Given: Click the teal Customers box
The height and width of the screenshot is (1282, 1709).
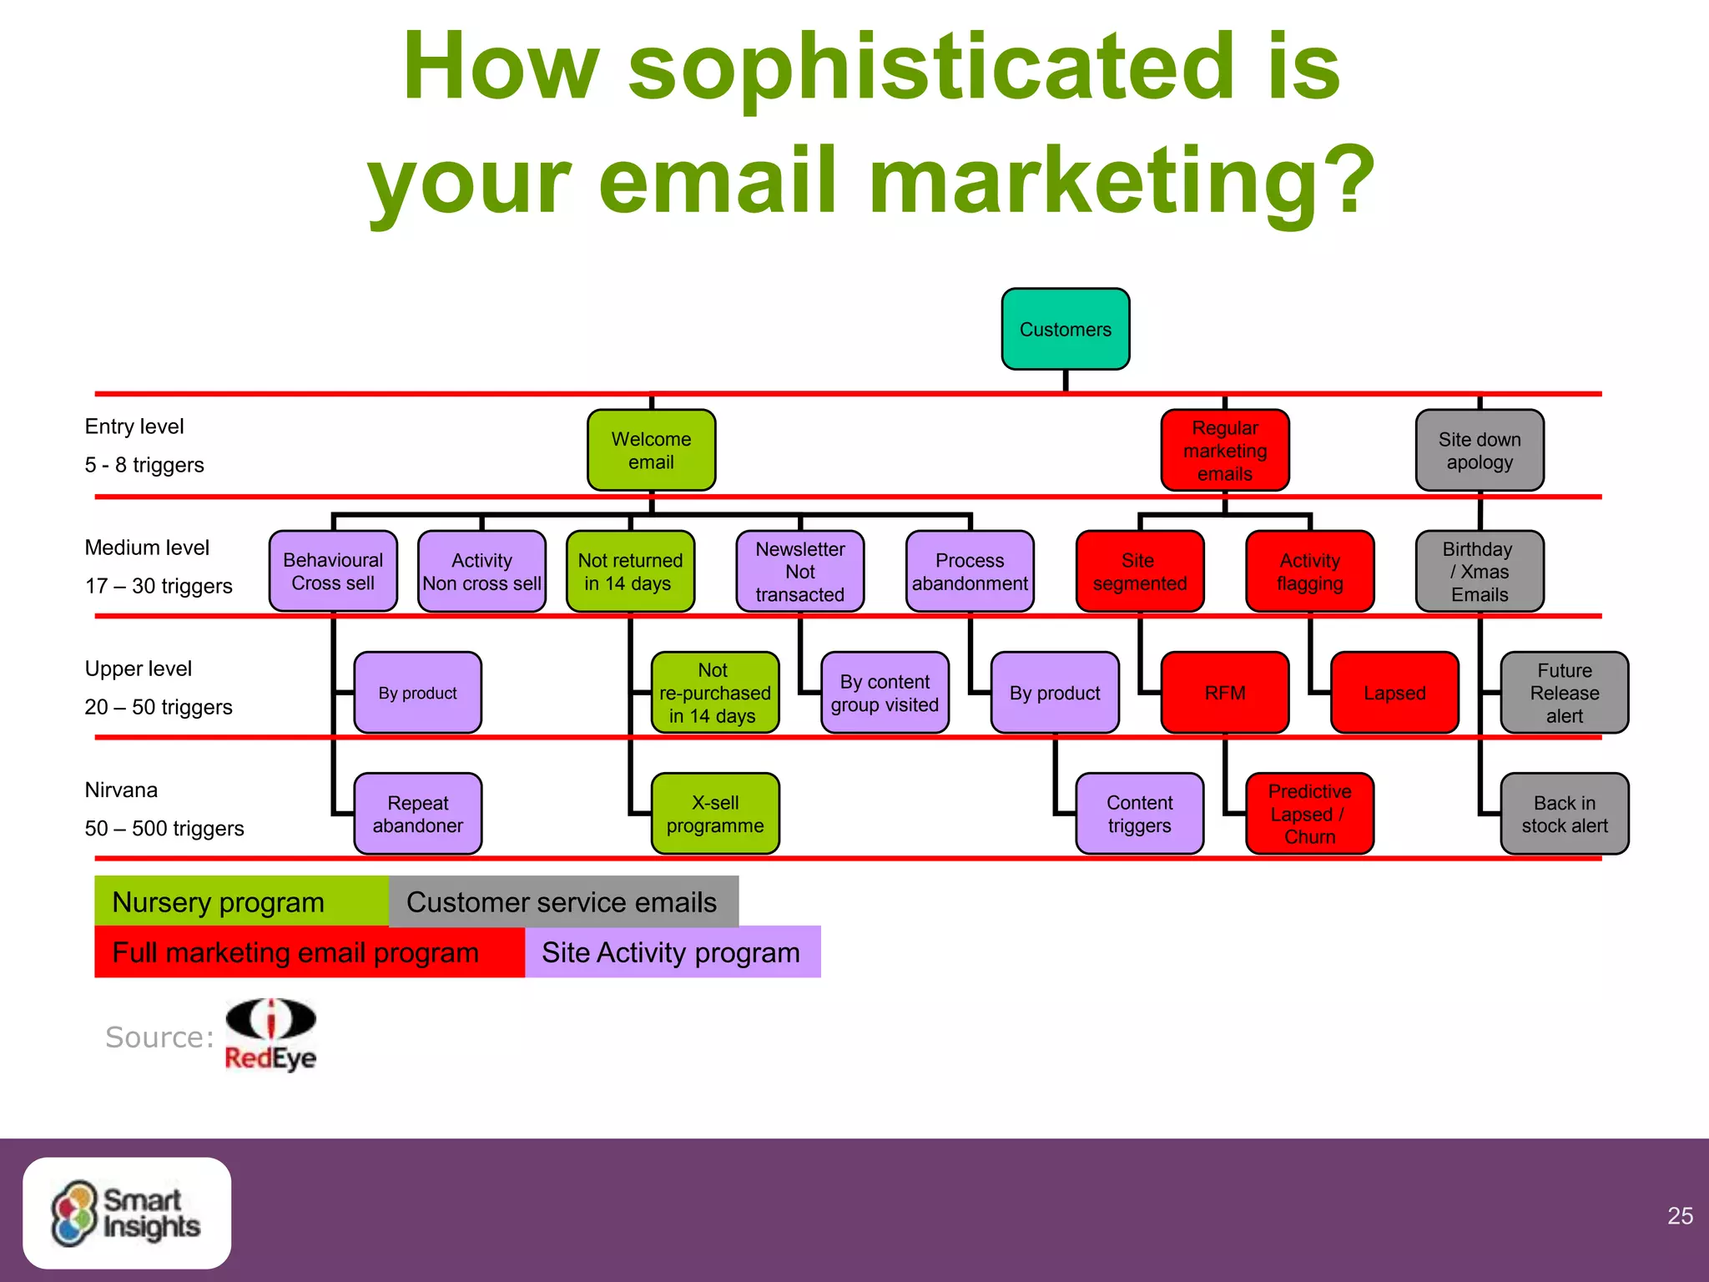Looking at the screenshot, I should click(1065, 329).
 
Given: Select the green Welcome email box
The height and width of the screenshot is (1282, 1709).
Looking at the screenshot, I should click(651, 450).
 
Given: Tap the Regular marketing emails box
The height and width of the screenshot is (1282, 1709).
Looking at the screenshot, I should click(1224, 450).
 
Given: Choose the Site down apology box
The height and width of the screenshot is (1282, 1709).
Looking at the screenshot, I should click(1479, 450).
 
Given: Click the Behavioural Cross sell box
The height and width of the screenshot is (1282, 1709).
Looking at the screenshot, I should click(333, 571).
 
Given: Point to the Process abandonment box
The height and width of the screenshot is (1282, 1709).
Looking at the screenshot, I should click(970, 571).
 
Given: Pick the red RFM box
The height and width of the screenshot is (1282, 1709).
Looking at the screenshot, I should click(1224, 692).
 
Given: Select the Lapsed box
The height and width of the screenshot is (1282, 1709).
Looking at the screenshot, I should click(1394, 692).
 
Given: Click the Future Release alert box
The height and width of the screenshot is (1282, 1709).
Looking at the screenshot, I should click(1564, 692).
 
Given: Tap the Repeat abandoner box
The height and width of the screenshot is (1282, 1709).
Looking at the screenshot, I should click(417, 813).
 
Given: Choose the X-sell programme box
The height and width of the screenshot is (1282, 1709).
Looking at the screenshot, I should click(715, 813).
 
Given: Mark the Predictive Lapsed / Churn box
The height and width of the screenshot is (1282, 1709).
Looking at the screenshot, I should click(1309, 813).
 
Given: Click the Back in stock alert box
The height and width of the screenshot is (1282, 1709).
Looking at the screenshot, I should click(1564, 813).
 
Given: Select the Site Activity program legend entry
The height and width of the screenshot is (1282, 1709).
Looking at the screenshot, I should click(672, 951).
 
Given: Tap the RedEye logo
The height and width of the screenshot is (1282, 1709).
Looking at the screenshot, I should click(270, 1035).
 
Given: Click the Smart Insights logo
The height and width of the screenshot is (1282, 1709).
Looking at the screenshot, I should click(127, 1213).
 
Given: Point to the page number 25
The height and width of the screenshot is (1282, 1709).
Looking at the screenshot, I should click(1680, 1215).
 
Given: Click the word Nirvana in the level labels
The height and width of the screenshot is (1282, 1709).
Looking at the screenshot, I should click(121, 790).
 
